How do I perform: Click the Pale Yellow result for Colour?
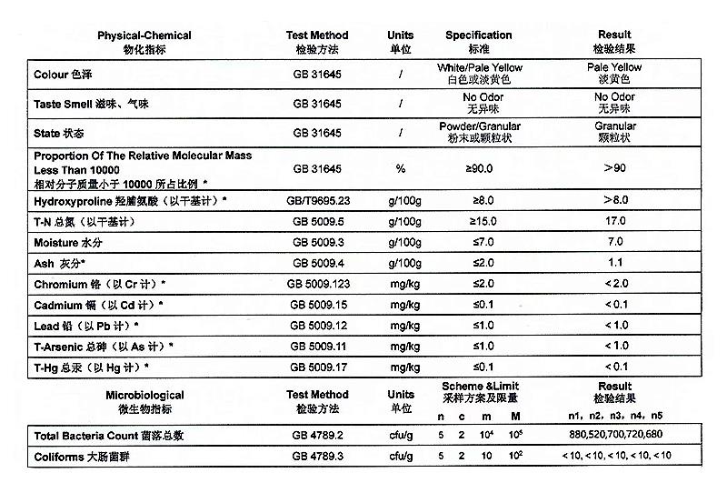coord(614,73)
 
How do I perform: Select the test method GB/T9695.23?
coord(316,200)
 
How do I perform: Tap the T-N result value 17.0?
coord(614,221)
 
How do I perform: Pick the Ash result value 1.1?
coord(614,263)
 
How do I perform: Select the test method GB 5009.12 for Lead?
coord(316,326)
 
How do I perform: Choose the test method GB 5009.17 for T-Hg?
coord(316,367)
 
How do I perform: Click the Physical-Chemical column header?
coord(144,41)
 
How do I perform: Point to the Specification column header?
coord(478,41)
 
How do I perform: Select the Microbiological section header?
coord(144,400)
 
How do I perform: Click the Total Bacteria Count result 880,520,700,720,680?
coord(614,434)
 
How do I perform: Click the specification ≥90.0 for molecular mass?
coord(478,168)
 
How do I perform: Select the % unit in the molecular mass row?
coord(400,168)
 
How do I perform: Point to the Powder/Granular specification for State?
coord(478,132)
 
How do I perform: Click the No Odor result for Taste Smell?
coord(614,103)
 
